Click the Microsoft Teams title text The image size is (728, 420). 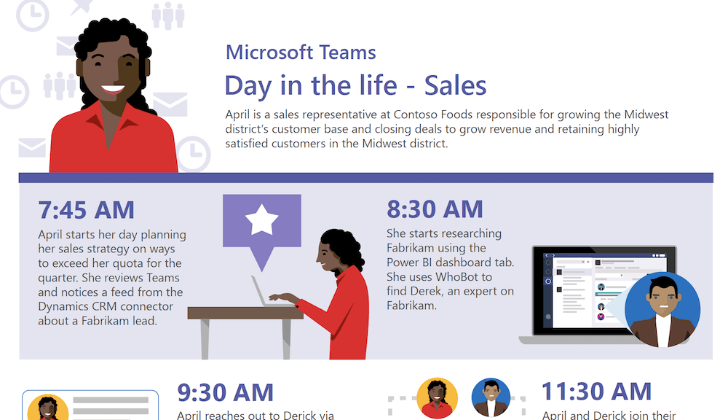(x=301, y=52)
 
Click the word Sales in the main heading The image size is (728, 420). (x=455, y=85)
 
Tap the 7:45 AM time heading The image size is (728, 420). (x=87, y=210)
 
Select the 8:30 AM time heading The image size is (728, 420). (x=435, y=209)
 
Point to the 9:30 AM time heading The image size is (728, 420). (x=225, y=392)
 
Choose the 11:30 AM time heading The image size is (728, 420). (x=597, y=391)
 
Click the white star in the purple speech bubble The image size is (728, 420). (x=262, y=219)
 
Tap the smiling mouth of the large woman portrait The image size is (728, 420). (x=113, y=89)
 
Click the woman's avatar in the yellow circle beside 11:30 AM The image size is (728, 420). (x=437, y=398)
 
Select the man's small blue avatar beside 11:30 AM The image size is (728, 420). (x=491, y=397)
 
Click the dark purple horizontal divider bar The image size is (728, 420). (x=366, y=178)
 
